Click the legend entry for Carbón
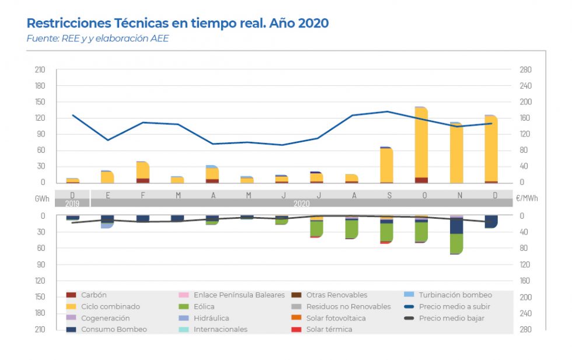coord(93,295)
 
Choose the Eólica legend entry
coord(204,306)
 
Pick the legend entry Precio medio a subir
coord(454,306)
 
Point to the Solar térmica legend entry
coord(329,329)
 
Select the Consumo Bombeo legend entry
coord(106,329)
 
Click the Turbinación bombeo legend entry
coord(455,295)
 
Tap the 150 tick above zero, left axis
coord(40,102)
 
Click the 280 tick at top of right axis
coord(525,70)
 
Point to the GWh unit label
coord(41,198)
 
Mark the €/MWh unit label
coord(526,198)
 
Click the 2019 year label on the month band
coord(72,203)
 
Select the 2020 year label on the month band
coord(301,203)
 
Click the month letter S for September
coord(389,195)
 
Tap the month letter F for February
coord(143,195)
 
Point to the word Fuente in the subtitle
coord(42,39)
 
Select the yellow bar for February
coord(143,170)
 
